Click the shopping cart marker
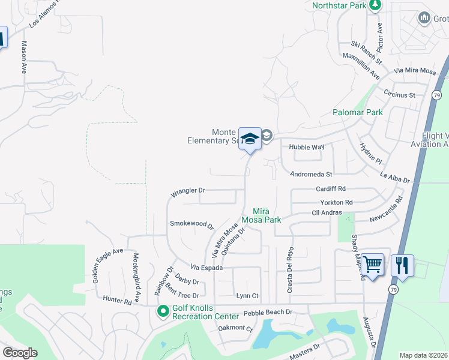click(x=373, y=263)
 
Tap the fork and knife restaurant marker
click(x=402, y=265)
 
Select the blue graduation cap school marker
click(x=250, y=139)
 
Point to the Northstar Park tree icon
click(x=375, y=5)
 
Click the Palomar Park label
click(x=358, y=112)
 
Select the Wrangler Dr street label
click(x=188, y=192)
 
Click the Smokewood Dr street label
click(x=191, y=224)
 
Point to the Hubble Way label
click(x=306, y=146)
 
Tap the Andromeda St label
click(x=310, y=175)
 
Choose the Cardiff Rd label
click(x=331, y=189)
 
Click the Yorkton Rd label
click(x=336, y=202)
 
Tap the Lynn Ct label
click(x=247, y=296)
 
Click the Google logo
click(x=20, y=353)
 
